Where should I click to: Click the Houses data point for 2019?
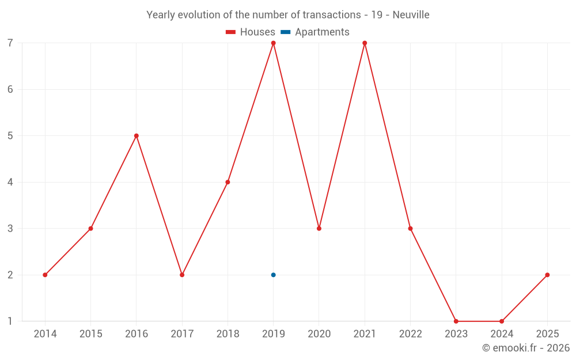(x=274, y=43)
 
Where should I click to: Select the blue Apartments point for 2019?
(x=274, y=275)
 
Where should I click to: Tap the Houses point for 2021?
(x=365, y=43)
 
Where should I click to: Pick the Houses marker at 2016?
(x=137, y=136)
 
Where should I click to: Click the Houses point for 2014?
(x=45, y=275)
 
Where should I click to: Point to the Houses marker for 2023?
(x=456, y=321)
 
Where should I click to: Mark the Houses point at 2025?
(x=547, y=275)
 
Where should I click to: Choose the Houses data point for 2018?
(x=228, y=182)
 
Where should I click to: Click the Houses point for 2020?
(x=319, y=229)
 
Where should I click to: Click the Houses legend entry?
(x=251, y=32)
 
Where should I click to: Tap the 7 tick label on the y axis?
(x=10, y=43)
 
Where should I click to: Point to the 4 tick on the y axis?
(x=10, y=182)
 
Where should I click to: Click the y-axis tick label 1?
(x=10, y=321)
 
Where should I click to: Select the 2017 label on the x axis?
(x=182, y=334)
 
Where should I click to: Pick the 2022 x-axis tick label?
(x=410, y=334)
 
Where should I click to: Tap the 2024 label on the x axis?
(x=502, y=334)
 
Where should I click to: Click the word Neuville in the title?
(x=411, y=15)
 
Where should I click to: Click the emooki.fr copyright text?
(x=526, y=348)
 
